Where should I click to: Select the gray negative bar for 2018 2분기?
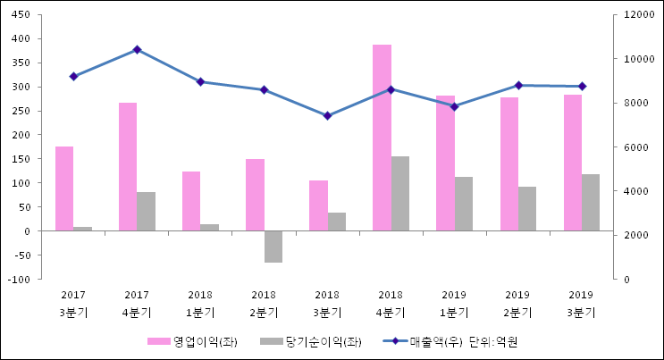coord(273,247)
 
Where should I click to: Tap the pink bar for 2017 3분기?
coord(64,188)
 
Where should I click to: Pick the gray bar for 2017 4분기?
coord(146,211)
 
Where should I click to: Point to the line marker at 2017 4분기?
coord(137,50)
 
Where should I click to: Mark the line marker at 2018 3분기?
coord(327,116)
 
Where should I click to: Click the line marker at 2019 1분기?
coord(454,106)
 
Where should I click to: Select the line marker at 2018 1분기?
coord(200,81)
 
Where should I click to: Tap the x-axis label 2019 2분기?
coord(517,304)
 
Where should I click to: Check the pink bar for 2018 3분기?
coord(318,205)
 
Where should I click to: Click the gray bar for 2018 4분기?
coord(399,193)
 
